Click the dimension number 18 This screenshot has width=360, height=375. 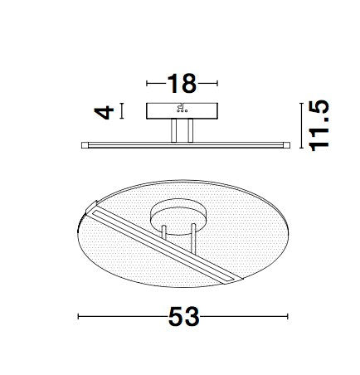pyautogui.click(x=182, y=83)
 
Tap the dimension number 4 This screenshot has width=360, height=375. pyautogui.click(x=104, y=112)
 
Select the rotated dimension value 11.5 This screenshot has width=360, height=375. pyautogui.click(x=320, y=126)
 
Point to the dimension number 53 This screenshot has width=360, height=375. pyautogui.click(x=184, y=316)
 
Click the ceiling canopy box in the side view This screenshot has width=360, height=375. pyautogui.click(x=182, y=111)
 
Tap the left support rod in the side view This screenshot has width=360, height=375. pyautogui.click(x=173, y=131)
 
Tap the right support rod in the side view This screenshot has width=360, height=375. pyautogui.click(x=190, y=131)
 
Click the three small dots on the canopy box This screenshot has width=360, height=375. pyautogui.click(x=182, y=111)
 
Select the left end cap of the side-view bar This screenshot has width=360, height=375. pyautogui.click(x=85, y=145)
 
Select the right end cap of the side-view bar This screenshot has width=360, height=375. pyautogui.click(x=287, y=145)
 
